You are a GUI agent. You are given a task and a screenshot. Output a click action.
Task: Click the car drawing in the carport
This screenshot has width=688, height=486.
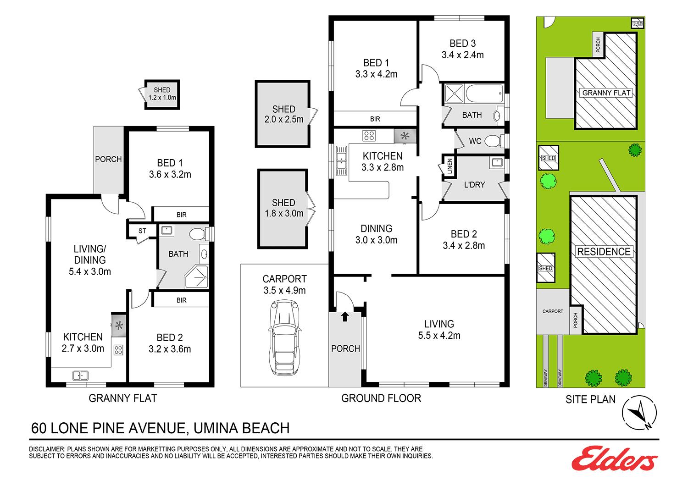[x=284, y=338]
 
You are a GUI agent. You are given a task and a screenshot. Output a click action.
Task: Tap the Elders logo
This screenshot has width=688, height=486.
[x=614, y=458]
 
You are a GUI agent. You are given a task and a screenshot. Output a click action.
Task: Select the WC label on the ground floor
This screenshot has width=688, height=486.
[x=475, y=141]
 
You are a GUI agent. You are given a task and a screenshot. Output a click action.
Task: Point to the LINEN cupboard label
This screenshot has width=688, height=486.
[x=449, y=166]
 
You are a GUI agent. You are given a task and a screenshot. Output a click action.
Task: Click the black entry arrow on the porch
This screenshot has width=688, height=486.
[x=345, y=316]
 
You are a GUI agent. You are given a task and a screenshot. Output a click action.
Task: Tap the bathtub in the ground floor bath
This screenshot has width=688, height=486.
[x=484, y=94]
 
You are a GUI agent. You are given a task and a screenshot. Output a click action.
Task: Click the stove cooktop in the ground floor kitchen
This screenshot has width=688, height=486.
[x=369, y=135]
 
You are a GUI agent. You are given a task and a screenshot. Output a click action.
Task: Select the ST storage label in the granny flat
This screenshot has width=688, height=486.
[x=142, y=231]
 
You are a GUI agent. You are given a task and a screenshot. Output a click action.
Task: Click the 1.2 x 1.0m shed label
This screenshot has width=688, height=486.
[x=162, y=98]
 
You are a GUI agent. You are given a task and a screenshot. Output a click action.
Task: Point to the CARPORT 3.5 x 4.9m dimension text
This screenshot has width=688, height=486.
[x=284, y=290]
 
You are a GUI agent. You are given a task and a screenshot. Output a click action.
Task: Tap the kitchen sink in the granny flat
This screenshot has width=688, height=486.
[x=80, y=376]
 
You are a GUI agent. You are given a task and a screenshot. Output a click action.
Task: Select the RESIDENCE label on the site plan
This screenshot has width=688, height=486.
[x=604, y=252]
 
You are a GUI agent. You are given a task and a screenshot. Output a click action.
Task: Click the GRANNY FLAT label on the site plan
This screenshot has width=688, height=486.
[x=606, y=93]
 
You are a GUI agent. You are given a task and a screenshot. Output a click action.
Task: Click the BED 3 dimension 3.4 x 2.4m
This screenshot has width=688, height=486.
[x=462, y=55]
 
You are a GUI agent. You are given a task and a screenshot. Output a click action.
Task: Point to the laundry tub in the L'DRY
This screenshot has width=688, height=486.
[x=497, y=162]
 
